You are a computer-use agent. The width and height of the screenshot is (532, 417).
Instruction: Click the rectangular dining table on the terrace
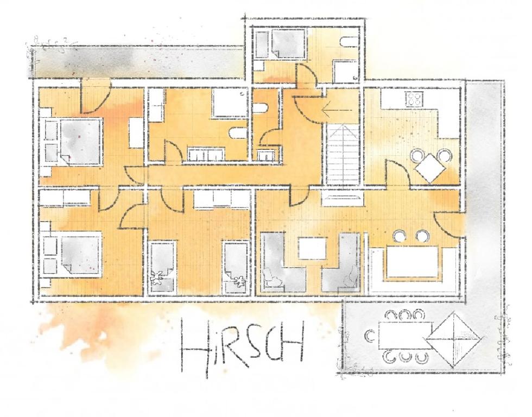(x=406, y=335)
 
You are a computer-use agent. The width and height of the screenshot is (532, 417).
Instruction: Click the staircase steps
(x=343, y=154)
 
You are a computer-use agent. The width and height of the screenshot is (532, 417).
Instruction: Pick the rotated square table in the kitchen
(x=430, y=168)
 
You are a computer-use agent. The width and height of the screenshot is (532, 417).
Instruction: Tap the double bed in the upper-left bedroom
(x=81, y=142)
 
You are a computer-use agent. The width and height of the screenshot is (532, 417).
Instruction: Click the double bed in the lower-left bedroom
(x=81, y=255)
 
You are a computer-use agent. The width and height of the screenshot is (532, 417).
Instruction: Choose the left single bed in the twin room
(x=163, y=267)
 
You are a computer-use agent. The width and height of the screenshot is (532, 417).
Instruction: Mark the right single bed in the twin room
(x=236, y=267)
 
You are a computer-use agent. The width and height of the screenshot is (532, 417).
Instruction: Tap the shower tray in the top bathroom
(x=345, y=72)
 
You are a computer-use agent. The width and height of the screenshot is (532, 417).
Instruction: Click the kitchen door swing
(x=399, y=173)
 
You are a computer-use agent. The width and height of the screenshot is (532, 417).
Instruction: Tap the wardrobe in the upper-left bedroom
(x=136, y=132)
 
